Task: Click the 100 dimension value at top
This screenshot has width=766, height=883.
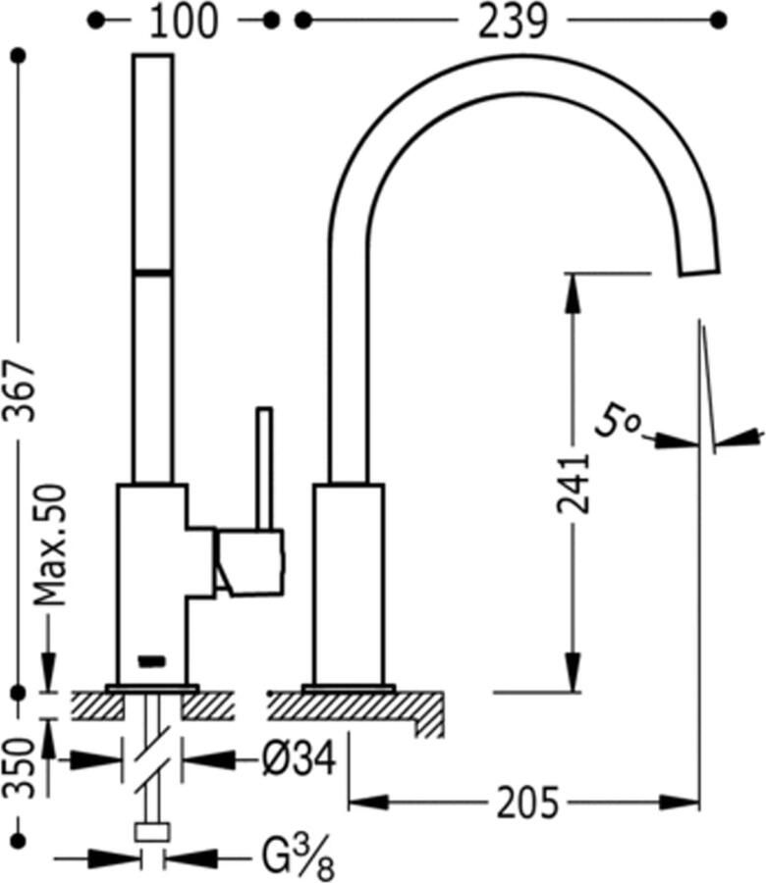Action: click(x=183, y=23)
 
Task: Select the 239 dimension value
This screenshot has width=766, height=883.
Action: click(x=513, y=23)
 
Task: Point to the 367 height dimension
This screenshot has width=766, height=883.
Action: click(x=20, y=391)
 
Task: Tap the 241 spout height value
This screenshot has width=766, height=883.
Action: click(x=573, y=485)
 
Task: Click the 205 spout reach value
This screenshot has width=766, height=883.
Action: click(x=527, y=802)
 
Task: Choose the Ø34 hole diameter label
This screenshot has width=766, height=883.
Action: click(x=300, y=758)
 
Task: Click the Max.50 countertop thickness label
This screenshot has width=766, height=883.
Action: click(x=50, y=545)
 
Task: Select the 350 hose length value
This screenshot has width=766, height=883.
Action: click(x=20, y=767)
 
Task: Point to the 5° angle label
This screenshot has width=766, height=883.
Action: click(x=618, y=421)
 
